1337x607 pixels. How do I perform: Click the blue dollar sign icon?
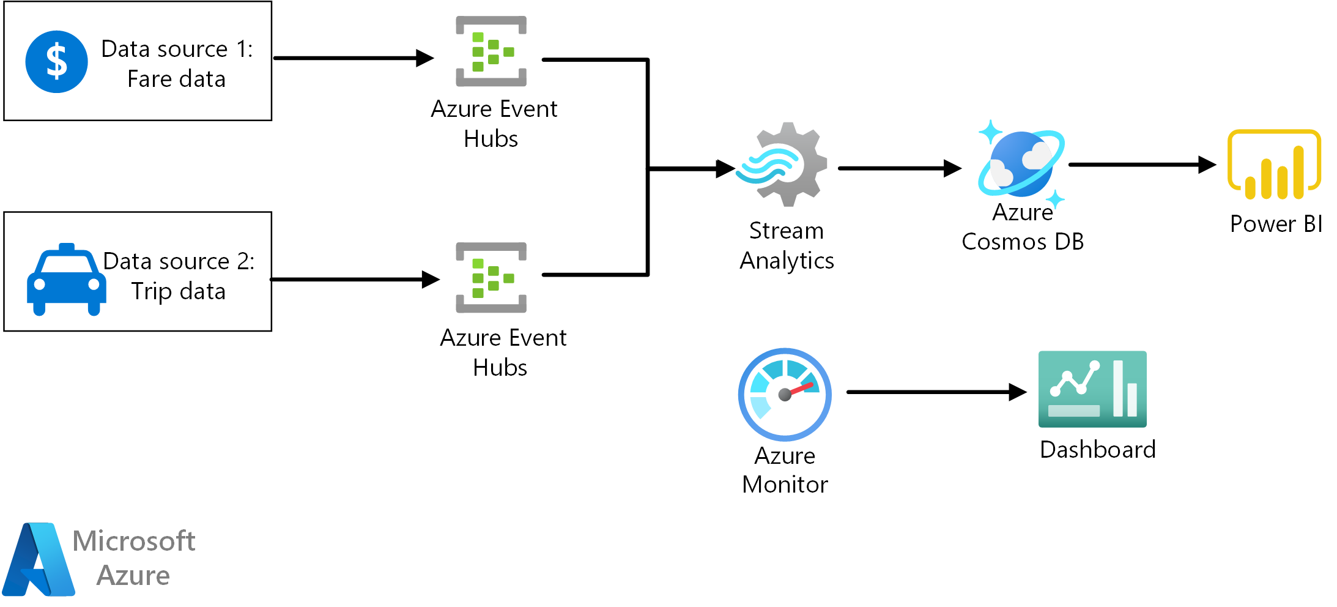pyautogui.click(x=56, y=62)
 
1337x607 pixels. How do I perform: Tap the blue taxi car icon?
pyautogui.click(x=66, y=281)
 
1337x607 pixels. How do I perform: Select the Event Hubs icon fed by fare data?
pyautogui.click(x=491, y=51)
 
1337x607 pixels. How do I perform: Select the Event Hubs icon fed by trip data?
pyautogui.click(x=491, y=278)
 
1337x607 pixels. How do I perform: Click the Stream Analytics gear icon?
pyautogui.click(x=783, y=165)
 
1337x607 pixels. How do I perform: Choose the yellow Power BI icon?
pyautogui.click(x=1274, y=165)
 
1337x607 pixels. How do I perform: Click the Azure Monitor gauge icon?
pyautogui.click(x=785, y=395)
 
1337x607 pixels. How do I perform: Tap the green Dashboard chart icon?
pyautogui.click(x=1092, y=389)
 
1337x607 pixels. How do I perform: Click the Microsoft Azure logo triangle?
pyautogui.click(x=38, y=560)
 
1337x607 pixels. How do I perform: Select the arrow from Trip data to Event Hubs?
pyautogui.click(x=355, y=280)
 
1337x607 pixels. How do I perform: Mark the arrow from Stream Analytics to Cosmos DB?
pyautogui.click(x=899, y=168)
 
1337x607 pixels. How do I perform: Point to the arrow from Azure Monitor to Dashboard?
pyautogui.click(x=936, y=392)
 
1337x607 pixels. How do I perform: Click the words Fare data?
pyautogui.click(x=176, y=80)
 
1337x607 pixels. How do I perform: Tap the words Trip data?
pyautogui.click(x=178, y=291)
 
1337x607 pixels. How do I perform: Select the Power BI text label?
pyautogui.click(x=1276, y=224)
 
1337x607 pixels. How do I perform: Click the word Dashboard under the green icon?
pyautogui.click(x=1098, y=450)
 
